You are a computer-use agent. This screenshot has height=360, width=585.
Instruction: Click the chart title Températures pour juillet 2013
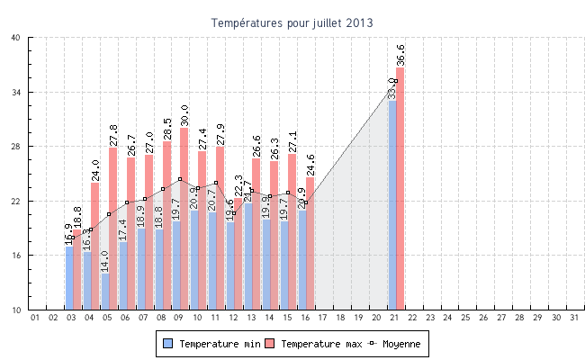pos(292,22)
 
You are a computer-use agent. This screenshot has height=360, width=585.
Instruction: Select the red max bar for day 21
pos(400,189)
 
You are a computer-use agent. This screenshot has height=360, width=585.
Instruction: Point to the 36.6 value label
pos(400,54)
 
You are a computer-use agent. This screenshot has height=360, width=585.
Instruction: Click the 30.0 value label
pos(184,115)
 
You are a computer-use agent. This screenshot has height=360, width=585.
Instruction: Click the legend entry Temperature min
pos(208,344)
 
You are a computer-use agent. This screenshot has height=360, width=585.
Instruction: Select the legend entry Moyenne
pos(395,344)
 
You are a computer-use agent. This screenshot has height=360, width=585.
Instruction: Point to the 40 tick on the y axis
pos(17,38)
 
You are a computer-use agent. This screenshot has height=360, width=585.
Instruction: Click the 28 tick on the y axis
pos(17,147)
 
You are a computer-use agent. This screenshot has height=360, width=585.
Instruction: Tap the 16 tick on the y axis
pos(17,256)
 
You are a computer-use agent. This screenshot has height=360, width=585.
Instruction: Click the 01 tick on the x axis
pos(35,317)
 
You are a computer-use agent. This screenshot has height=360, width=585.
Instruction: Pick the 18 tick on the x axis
pos(340,317)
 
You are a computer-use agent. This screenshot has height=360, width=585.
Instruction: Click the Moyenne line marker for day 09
pos(180,179)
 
